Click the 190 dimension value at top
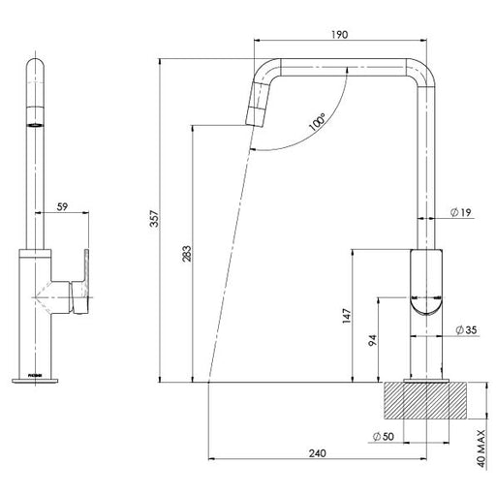click(x=340, y=34)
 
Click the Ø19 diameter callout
click(x=460, y=213)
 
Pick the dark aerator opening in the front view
click(x=36, y=125)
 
